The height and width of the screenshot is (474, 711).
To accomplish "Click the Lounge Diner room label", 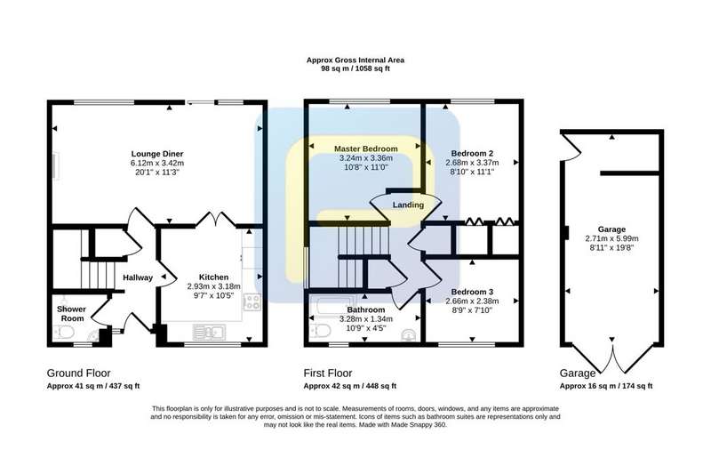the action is click(157, 154).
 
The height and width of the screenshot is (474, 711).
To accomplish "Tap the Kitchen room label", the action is click(213, 277).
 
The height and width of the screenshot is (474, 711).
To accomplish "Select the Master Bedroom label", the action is click(366, 149).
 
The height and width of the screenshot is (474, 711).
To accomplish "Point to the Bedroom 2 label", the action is click(472, 153).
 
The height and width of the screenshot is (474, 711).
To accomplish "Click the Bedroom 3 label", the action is click(472, 292).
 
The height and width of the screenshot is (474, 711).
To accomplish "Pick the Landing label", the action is click(408, 205).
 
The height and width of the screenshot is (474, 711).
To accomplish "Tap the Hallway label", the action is click(138, 277).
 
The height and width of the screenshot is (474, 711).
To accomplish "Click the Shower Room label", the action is click(72, 313).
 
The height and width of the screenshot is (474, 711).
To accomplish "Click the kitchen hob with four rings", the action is click(252, 301).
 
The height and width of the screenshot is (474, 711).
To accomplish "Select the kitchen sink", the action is click(209, 332).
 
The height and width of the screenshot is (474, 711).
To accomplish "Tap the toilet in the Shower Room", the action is click(64, 333).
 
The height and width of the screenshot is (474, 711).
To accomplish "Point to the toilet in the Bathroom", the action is click(321, 331).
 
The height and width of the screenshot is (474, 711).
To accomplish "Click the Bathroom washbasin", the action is click(408, 334).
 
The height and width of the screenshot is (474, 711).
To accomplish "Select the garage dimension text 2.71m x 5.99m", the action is click(611, 238).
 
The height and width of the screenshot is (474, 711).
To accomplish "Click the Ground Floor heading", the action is click(78, 374).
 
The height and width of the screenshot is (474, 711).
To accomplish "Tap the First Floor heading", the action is click(328, 374).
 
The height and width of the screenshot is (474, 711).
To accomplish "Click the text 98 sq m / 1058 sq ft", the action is click(355, 69).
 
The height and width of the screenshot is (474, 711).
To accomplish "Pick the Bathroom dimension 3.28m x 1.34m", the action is click(366, 319).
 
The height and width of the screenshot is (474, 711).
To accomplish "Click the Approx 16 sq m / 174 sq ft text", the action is click(606, 387).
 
